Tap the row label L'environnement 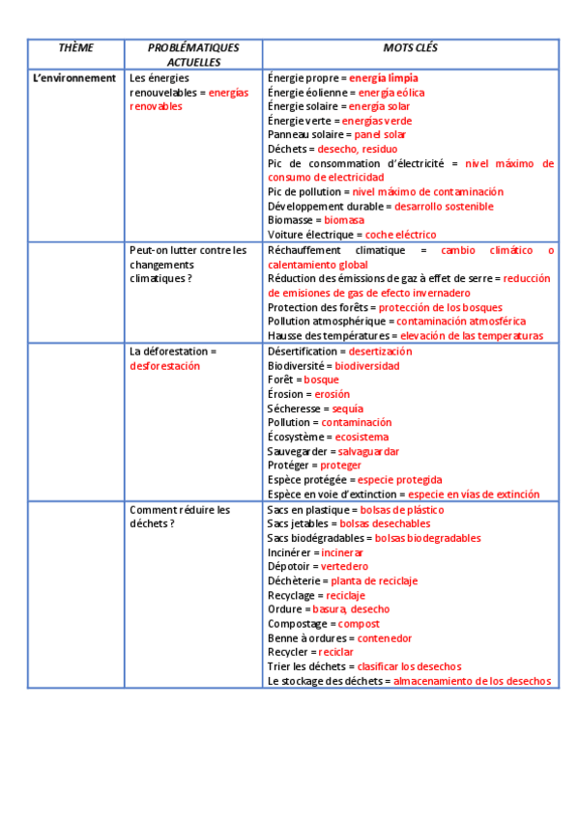[74, 78]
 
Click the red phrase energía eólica [391, 93]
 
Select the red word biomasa [344, 220]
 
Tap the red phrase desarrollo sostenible [444, 206]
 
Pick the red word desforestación [164, 366]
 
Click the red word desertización [380, 352]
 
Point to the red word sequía [347, 409]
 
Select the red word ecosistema [362, 437]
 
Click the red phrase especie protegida [399, 479]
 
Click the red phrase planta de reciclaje [374, 580]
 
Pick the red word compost [359, 624]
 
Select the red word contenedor [385, 638]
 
